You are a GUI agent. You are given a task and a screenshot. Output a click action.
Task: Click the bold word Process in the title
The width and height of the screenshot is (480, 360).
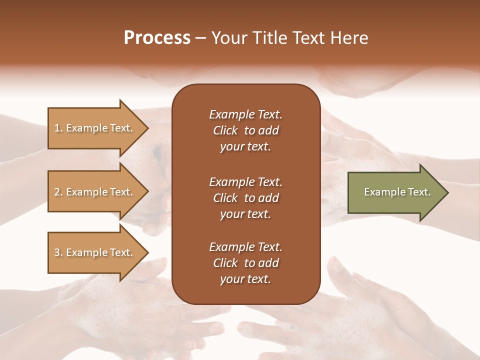[157, 38]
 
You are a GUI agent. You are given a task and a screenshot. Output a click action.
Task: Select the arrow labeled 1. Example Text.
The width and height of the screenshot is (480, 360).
[95, 128]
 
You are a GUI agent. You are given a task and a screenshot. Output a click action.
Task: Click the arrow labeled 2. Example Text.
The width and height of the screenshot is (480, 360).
[95, 192]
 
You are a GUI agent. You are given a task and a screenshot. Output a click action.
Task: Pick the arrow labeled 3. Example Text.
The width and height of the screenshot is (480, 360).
[95, 252]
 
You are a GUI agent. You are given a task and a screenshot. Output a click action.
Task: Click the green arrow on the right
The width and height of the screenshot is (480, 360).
[395, 192]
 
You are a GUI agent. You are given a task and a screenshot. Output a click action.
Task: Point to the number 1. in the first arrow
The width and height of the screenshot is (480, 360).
[58, 128]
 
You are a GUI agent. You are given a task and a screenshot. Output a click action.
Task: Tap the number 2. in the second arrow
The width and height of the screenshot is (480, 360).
[58, 192]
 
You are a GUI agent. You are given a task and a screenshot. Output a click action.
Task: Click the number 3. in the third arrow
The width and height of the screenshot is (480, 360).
[58, 252]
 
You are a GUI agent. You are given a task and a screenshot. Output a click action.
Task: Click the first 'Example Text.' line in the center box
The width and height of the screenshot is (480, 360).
[245, 114]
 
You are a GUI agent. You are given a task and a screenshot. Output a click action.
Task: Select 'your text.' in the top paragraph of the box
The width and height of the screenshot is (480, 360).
[245, 147]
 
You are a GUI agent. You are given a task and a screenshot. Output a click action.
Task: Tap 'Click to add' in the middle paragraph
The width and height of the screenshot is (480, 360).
[245, 198]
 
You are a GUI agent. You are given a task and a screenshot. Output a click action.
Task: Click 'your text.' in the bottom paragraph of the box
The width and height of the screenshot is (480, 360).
[245, 279]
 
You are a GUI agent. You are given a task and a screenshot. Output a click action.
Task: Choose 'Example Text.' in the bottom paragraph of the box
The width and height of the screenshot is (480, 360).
[245, 247]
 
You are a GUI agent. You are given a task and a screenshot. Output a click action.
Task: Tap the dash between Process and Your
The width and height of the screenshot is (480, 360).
[201, 38]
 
